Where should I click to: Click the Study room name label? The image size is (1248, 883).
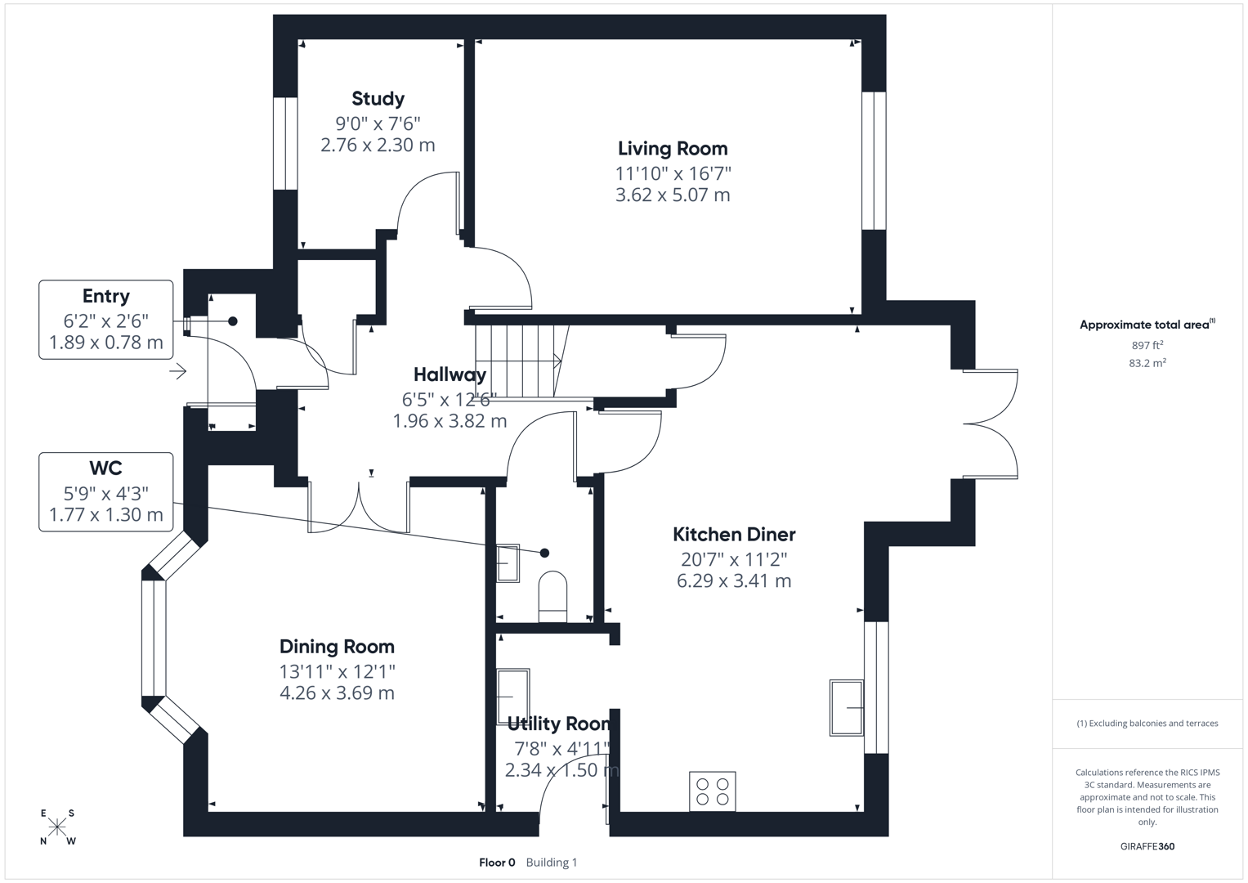pyautogui.click(x=378, y=99)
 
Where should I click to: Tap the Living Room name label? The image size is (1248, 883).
pyautogui.click(x=672, y=149)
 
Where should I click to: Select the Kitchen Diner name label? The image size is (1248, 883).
pyautogui.click(x=733, y=535)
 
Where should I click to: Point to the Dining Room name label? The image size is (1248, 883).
pyautogui.click(x=337, y=647)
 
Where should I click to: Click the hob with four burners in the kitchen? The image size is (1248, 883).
pyautogui.click(x=712, y=791)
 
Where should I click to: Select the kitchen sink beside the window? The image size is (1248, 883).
pyautogui.click(x=847, y=707)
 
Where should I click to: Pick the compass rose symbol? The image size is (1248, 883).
pyautogui.click(x=57, y=827)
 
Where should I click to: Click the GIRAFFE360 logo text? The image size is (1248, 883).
pyautogui.click(x=1147, y=846)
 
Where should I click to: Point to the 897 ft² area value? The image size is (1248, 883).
pyautogui.click(x=1147, y=346)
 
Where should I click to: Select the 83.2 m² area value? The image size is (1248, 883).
pyautogui.click(x=1147, y=363)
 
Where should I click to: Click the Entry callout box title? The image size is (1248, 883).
pyautogui.click(x=105, y=296)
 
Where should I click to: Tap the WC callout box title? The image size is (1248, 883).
pyautogui.click(x=105, y=468)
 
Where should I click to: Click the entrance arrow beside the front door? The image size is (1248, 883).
pyautogui.click(x=178, y=372)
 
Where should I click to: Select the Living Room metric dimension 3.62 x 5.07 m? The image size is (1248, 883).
pyautogui.click(x=672, y=195)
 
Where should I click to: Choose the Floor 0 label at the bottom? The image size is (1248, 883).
pyautogui.click(x=497, y=862)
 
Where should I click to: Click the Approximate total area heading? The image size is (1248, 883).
pyautogui.click(x=1143, y=325)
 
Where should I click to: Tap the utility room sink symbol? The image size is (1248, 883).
pyautogui.click(x=513, y=697)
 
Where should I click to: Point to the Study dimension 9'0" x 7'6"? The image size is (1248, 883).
pyautogui.click(x=378, y=123)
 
